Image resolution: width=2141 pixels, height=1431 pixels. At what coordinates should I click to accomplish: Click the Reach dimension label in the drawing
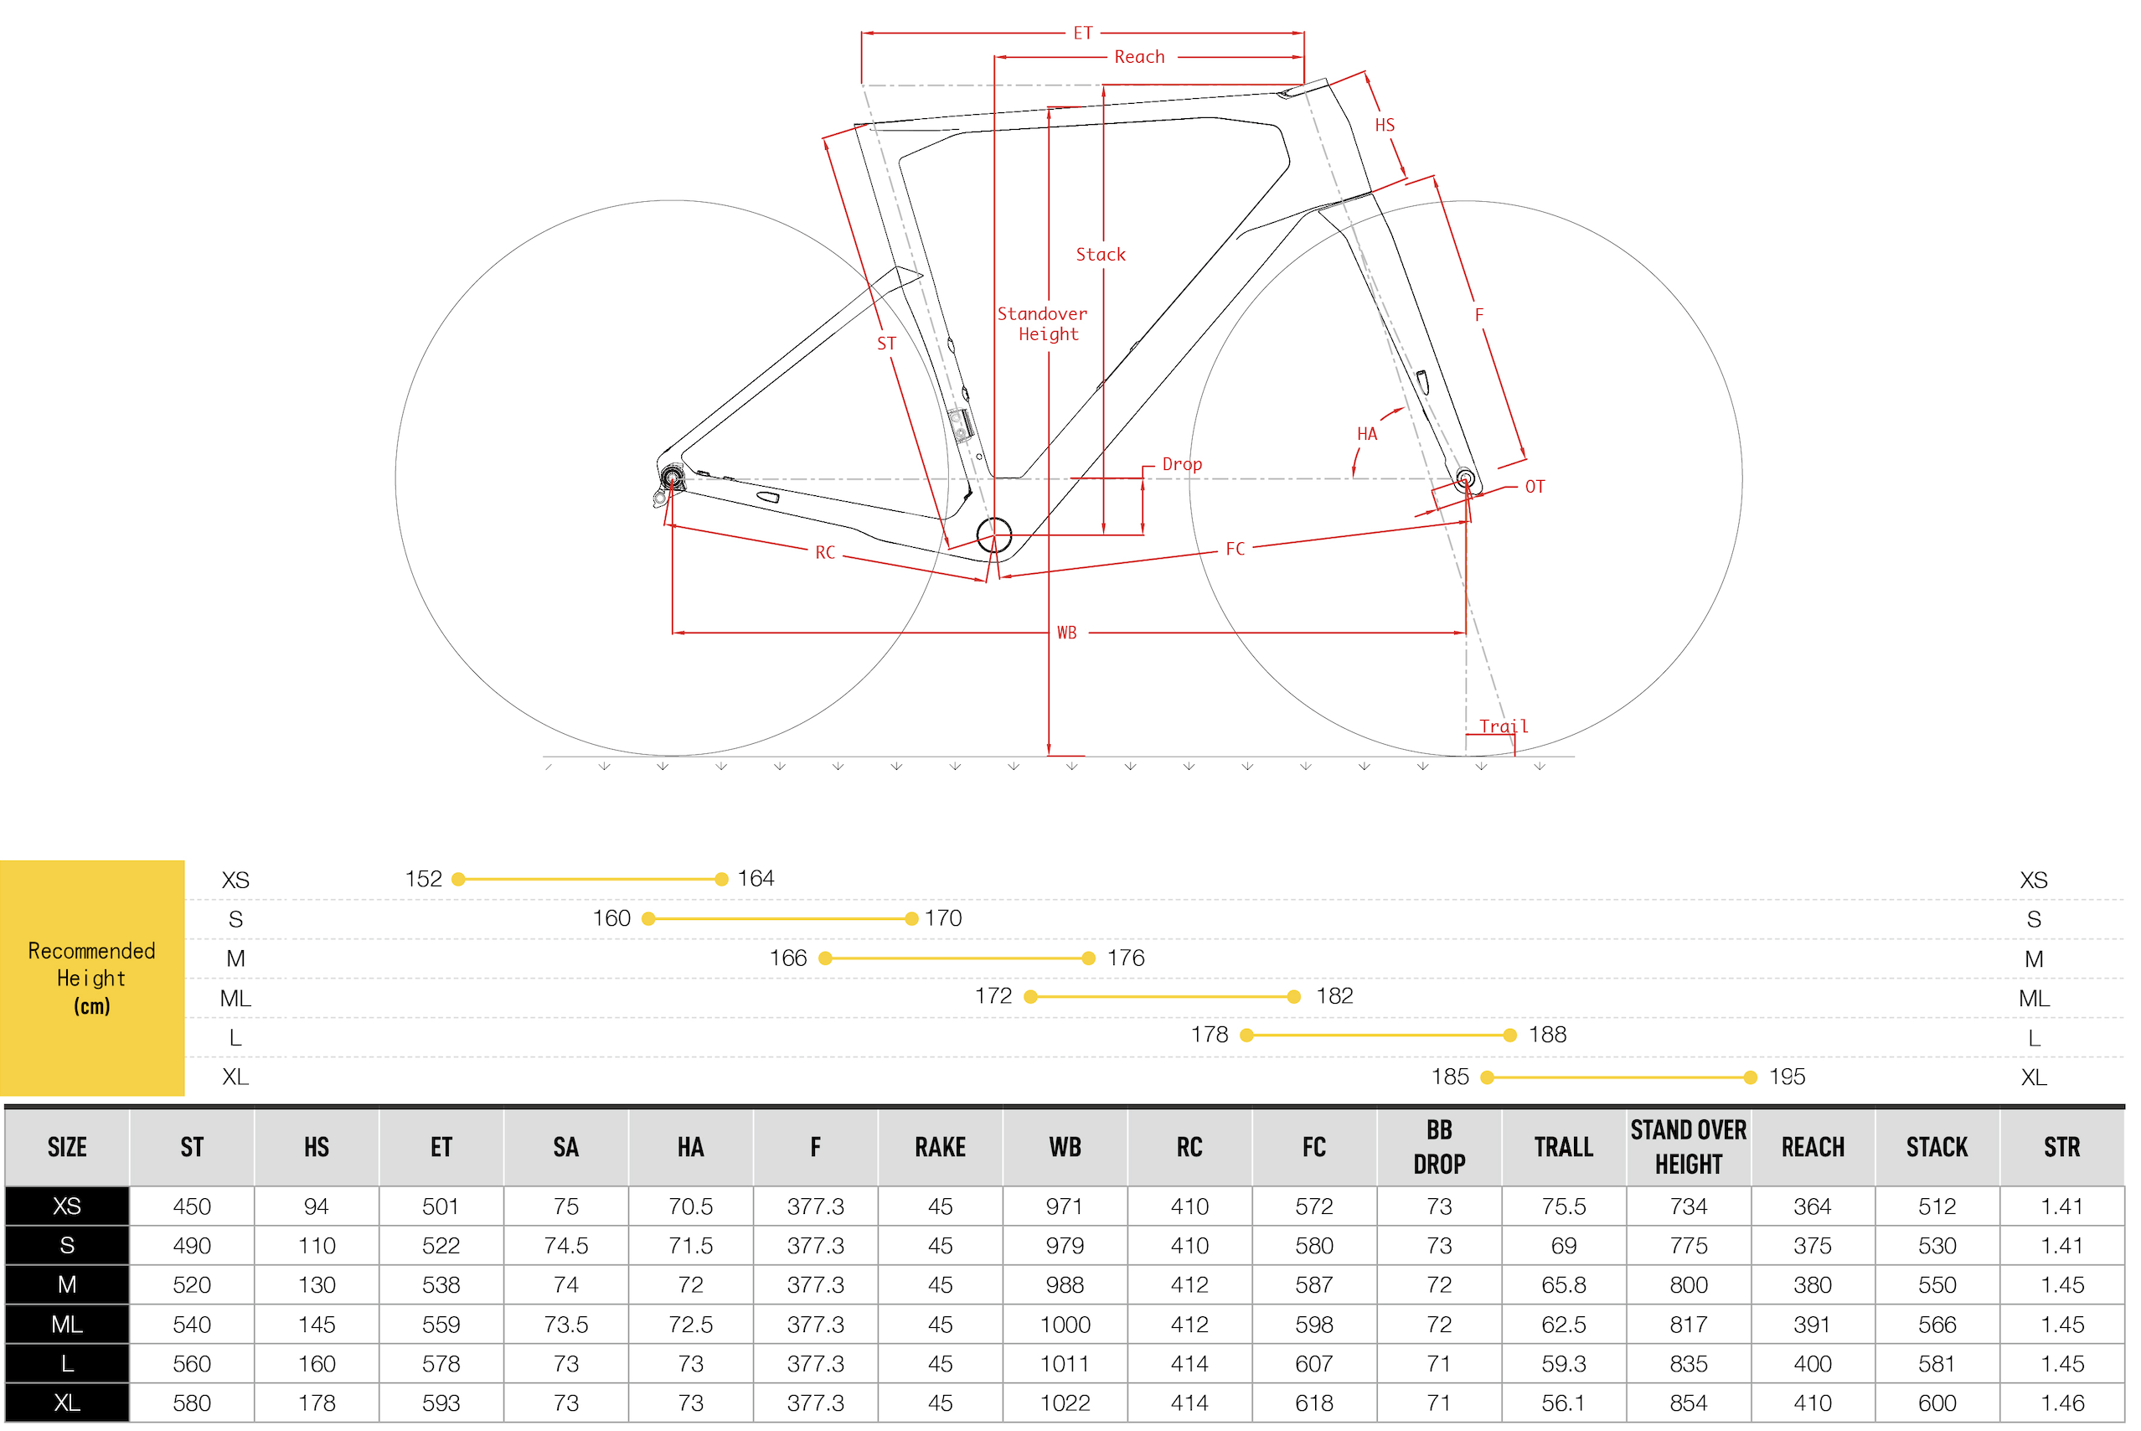point(1139,57)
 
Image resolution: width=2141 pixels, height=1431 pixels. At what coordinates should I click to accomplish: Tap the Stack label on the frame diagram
point(1101,255)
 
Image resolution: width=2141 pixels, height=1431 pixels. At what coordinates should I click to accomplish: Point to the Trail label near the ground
point(1504,726)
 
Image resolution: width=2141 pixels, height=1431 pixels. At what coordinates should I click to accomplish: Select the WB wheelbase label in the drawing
point(1066,633)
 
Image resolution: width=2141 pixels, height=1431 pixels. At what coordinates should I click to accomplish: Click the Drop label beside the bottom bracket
point(1182,464)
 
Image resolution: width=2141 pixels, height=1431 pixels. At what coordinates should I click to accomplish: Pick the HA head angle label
point(1366,434)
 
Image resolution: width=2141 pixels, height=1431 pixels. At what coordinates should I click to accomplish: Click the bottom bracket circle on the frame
point(994,535)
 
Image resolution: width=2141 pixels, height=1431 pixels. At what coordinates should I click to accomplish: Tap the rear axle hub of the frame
point(673,478)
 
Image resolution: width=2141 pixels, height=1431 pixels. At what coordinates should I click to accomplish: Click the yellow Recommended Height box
point(92,978)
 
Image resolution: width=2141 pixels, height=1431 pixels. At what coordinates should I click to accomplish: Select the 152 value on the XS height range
point(424,879)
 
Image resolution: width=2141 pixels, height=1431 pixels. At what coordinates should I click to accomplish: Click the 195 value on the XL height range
point(1787,1077)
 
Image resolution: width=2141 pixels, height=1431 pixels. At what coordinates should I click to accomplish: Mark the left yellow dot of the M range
point(826,958)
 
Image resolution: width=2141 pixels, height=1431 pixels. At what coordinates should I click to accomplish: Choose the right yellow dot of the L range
point(1509,1035)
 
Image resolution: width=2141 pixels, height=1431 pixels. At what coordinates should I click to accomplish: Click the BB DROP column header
point(1438,1147)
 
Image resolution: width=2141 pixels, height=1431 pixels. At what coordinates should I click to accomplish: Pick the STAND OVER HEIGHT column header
point(1689,1147)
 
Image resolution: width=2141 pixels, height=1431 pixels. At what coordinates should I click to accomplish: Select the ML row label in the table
point(67,1325)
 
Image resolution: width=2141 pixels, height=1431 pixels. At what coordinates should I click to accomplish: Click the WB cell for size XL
point(1065,1403)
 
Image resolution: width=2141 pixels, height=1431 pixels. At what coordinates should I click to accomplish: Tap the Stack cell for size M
point(1937,1285)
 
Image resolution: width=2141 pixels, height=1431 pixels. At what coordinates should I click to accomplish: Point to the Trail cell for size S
point(1564,1246)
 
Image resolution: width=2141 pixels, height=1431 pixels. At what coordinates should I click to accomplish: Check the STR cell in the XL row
point(2061,1403)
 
